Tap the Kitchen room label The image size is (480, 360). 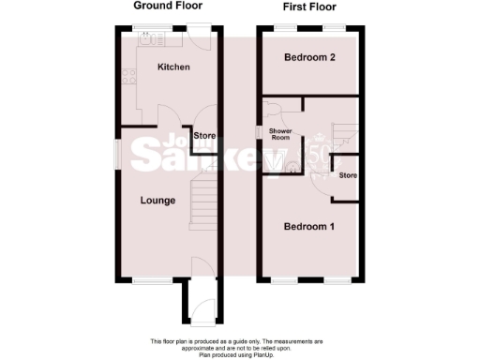pyautogui.click(x=173, y=67)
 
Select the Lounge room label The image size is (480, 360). pyautogui.click(x=157, y=200)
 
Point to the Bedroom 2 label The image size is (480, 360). pyautogui.click(x=310, y=57)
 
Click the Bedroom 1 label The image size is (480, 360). pyautogui.click(x=309, y=226)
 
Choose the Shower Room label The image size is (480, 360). pyautogui.click(x=280, y=135)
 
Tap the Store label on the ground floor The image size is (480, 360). pyautogui.click(x=204, y=137)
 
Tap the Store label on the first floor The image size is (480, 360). pyautogui.click(x=348, y=176)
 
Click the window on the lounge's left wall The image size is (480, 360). pyautogui.click(x=117, y=155)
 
